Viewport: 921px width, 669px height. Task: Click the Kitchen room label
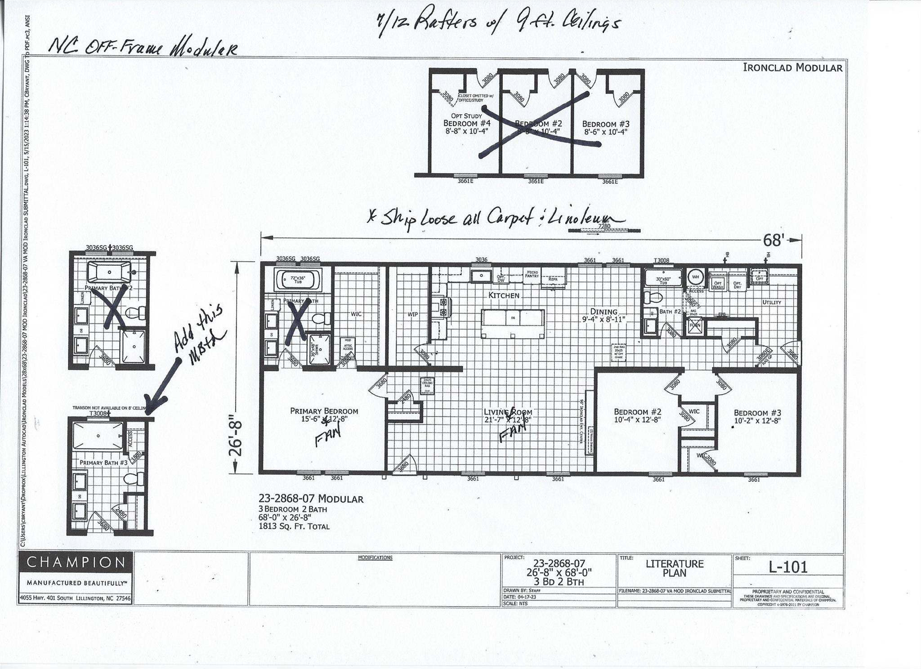[x=504, y=295]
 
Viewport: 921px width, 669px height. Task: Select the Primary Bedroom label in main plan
[x=324, y=411]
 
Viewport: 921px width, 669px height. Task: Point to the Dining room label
[x=604, y=312]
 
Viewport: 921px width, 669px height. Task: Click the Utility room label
[x=772, y=303]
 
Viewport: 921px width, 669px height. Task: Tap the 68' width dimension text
[x=772, y=241]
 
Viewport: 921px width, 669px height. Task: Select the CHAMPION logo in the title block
[x=76, y=562]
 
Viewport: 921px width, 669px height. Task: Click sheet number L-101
[x=788, y=567]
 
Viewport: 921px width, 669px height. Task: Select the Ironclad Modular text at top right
[x=792, y=68]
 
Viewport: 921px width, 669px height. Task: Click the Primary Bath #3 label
[x=104, y=463]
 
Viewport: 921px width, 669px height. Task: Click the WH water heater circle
[x=696, y=277]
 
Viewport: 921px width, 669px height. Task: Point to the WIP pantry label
[x=413, y=314]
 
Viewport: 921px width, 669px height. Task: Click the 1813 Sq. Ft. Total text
[x=294, y=526]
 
